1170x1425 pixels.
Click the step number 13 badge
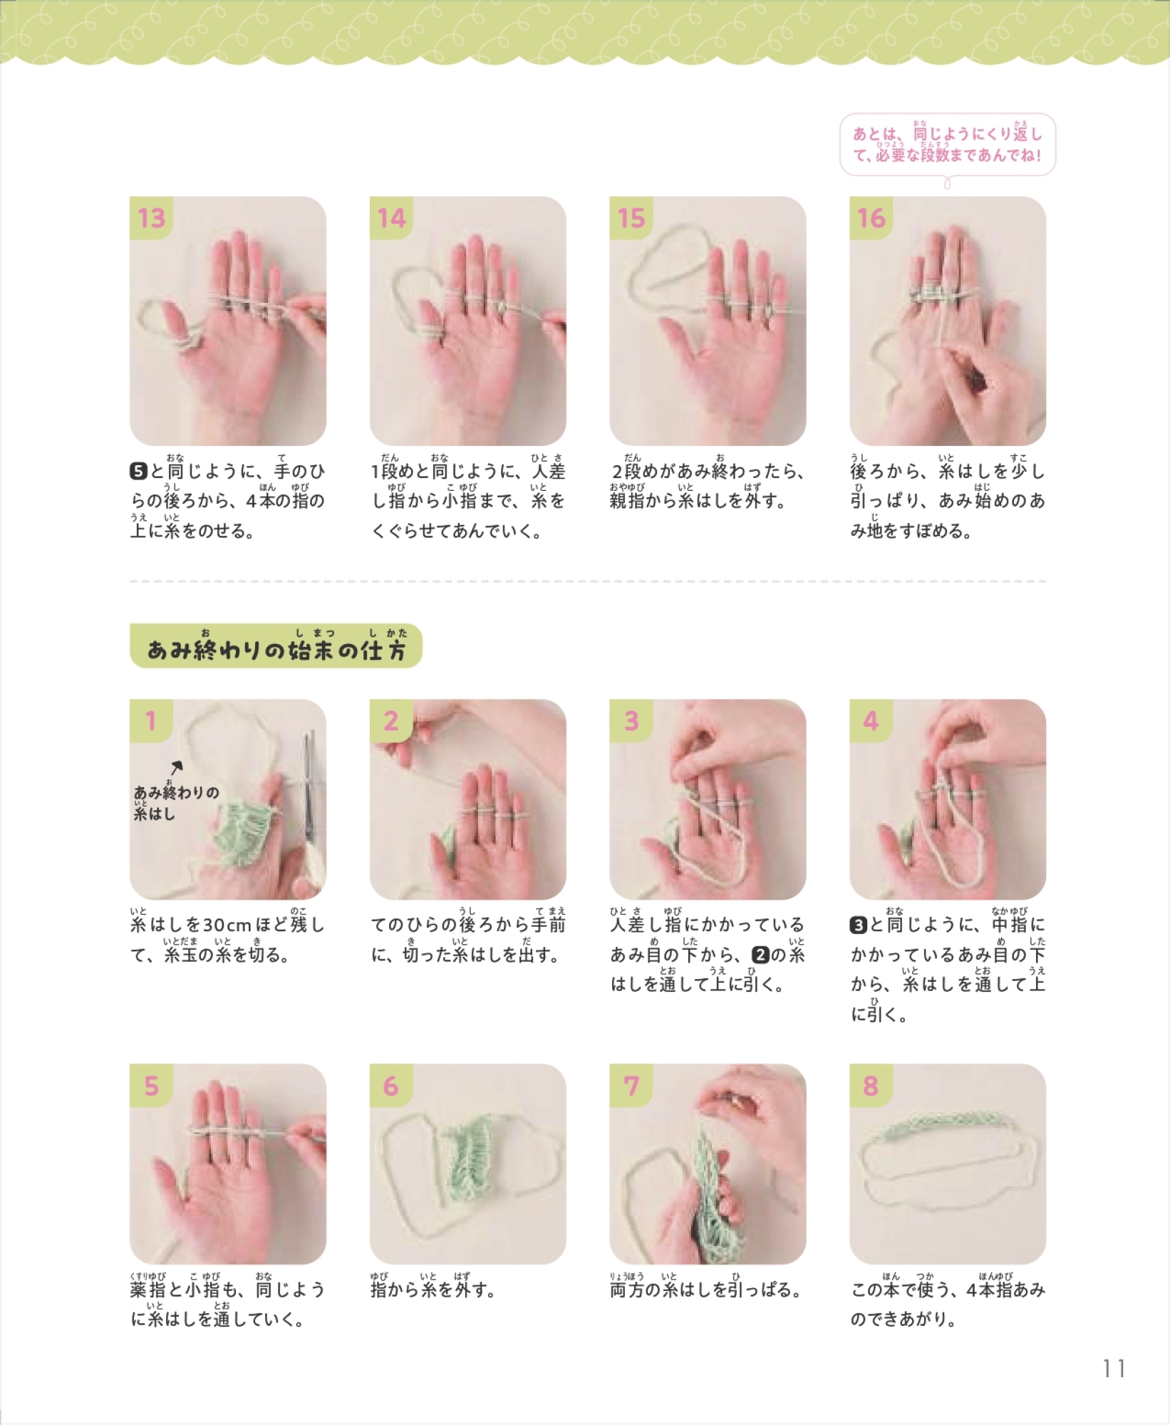pyautogui.click(x=151, y=218)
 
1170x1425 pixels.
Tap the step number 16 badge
pyautogui.click(x=871, y=218)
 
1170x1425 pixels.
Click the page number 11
pyautogui.click(x=1113, y=1368)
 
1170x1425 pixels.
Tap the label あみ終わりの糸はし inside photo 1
pyautogui.click(x=176, y=802)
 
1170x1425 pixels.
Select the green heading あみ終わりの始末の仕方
pyautogui.click(x=276, y=646)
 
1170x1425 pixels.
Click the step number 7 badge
pyautogui.click(x=631, y=1086)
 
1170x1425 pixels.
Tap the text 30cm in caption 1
pyautogui.click(x=227, y=925)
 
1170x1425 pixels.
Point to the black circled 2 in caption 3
pyautogui.click(x=760, y=955)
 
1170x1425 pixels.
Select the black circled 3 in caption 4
pyautogui.click(x=859, y=925)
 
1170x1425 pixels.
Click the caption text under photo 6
pyautogui.click(x=433, y=1290)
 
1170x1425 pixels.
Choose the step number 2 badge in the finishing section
pyautogui.click(x=390, y=721)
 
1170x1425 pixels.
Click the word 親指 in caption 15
pyautogui.click(x=626, y=501)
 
